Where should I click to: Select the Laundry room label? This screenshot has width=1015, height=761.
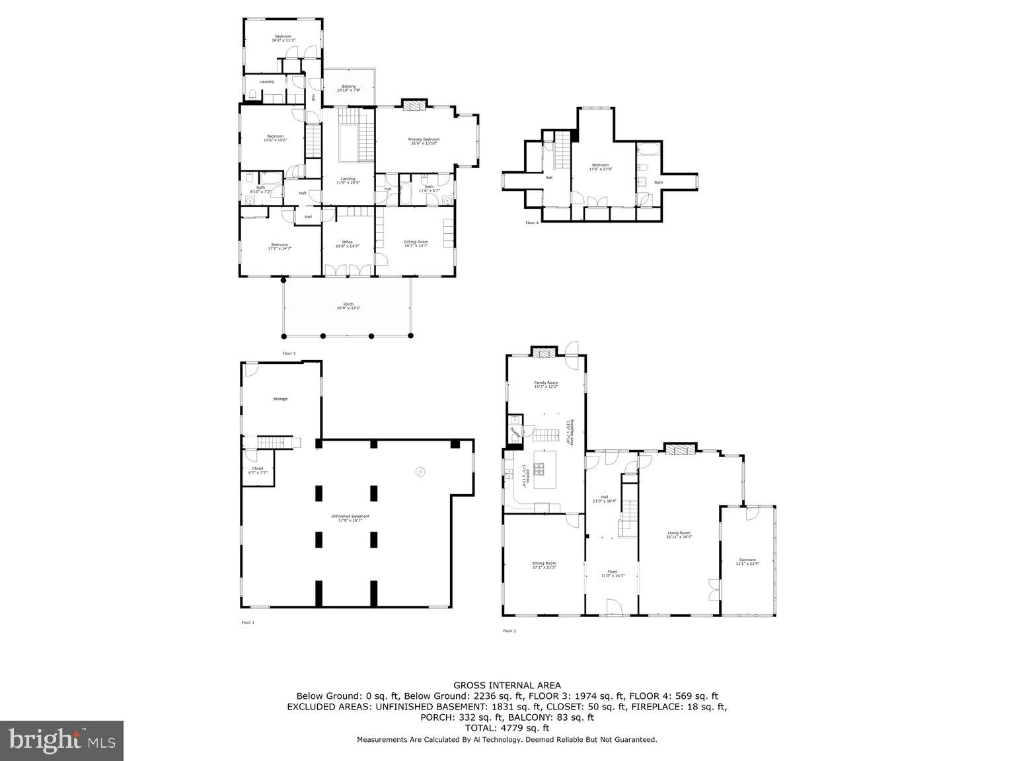(x=266, y=82)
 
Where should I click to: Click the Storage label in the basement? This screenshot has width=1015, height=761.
(x=280, y=399)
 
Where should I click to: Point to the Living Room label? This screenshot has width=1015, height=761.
(x=679, y=535)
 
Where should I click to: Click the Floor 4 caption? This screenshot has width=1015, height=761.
(x=532, y=223)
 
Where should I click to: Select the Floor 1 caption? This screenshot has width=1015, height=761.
(x=247, y=622)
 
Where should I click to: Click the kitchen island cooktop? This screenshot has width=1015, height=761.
(x=540, y=469)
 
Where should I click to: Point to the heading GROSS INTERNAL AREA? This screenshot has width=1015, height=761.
(x=507, y=686)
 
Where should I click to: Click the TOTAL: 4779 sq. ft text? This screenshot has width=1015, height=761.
(x=507, y=728)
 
